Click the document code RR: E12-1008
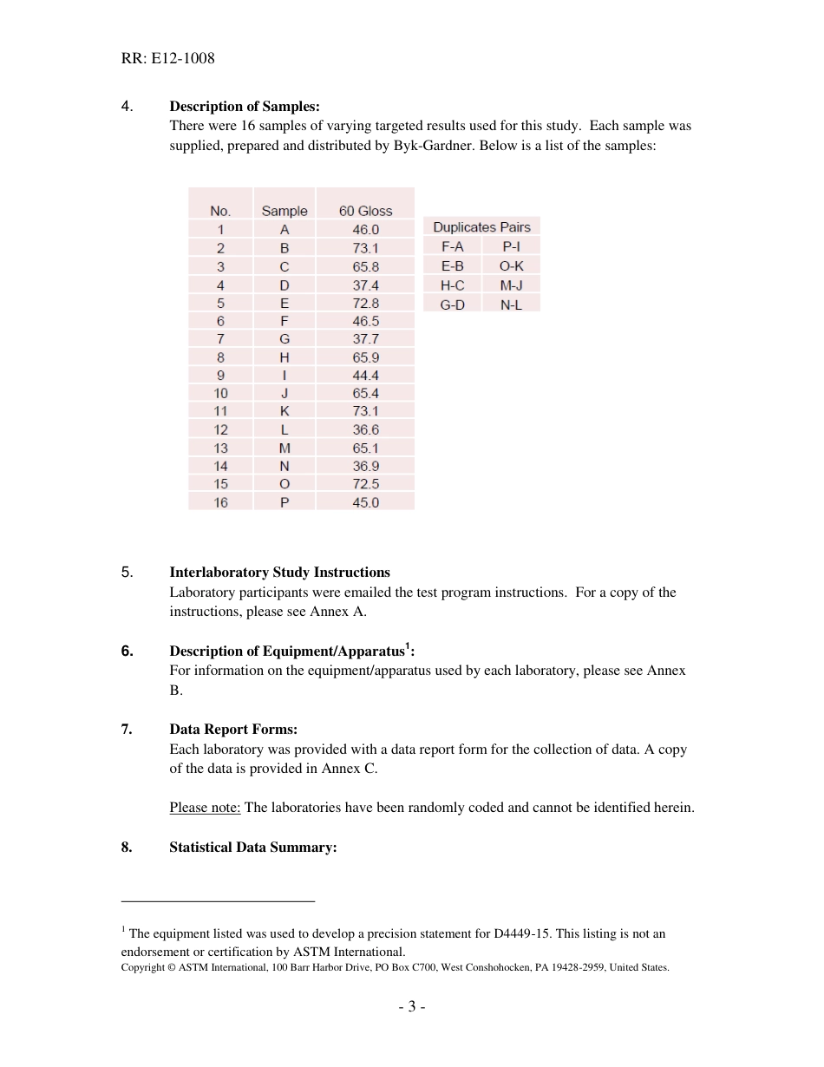coord(168,59)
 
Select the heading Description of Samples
coord(245,107)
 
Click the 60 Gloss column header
coord(365,211)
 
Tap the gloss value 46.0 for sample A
coord(365,230)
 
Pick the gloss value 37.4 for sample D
coord(365,285)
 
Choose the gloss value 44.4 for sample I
coord(365,376)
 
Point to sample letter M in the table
coord(284,448)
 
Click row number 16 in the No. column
coord(220,502)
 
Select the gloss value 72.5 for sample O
coord(365,484)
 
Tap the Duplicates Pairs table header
coord(481,227)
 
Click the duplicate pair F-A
coord(452,246)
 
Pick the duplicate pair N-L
coord(512,304)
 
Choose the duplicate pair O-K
coord(512,265)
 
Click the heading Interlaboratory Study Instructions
coord(279,573)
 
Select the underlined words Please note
coord(205,808)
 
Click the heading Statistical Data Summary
coord(252,848)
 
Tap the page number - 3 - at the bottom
coord(412,1007)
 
